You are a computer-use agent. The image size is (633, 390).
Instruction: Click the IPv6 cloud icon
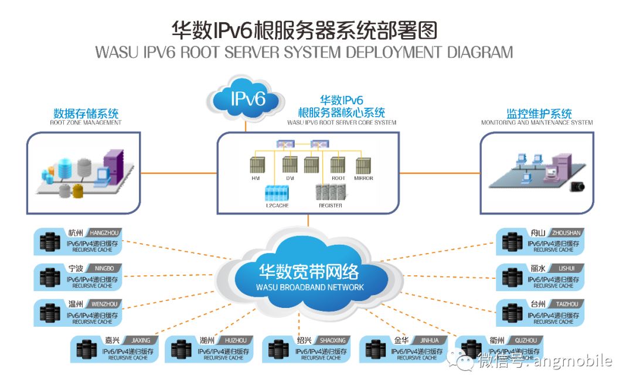(247, 99)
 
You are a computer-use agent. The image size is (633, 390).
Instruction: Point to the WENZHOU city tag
(105, 305)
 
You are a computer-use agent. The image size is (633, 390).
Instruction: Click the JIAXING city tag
(141, 340)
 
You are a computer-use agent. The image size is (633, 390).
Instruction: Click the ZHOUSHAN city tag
(566, 233)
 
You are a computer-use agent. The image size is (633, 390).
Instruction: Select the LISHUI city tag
(566, 269)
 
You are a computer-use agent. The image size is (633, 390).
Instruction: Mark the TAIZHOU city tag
(566, 305)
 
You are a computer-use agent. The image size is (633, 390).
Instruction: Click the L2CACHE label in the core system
(277, 206)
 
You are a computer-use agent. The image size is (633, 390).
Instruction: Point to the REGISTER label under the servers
(331, 206)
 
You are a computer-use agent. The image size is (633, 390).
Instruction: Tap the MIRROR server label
(363, 178)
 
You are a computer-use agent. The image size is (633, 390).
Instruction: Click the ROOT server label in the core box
(338, 178)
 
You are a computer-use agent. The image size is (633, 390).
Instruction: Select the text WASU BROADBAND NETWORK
(310, 288)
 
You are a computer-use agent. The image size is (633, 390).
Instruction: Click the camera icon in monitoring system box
(578, 186)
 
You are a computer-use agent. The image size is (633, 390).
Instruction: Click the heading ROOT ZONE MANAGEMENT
(86, 123)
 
